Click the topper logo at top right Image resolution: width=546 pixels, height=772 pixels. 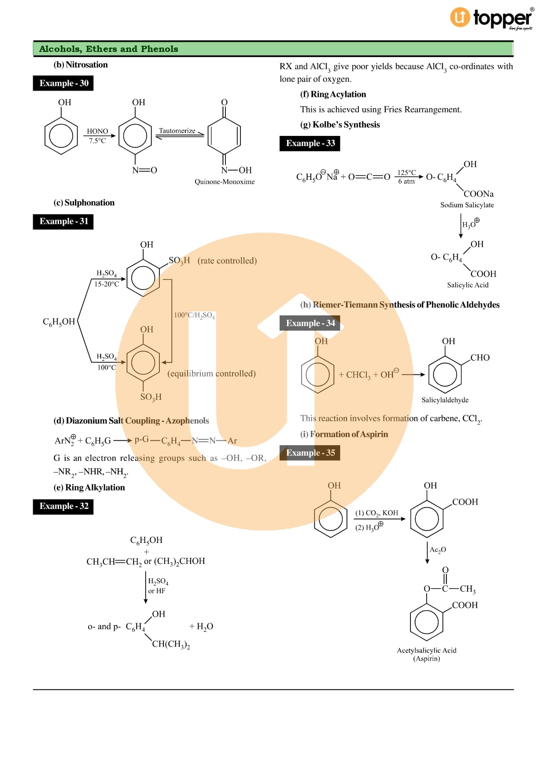(x=491, y=18)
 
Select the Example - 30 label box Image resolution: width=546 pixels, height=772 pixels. (x=63, y=83)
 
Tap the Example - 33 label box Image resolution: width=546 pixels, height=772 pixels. (x=310, y=143)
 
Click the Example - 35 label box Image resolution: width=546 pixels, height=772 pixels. (x=310, y=453)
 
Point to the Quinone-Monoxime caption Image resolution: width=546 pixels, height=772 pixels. (x=225, y=182)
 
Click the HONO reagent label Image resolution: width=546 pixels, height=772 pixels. (x=97, y=131)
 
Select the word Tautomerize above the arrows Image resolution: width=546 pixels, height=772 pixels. (x=177, y=131)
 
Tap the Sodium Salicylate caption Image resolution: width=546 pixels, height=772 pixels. (x=467, y=205)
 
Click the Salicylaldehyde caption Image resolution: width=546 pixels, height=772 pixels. (x=445, y=400)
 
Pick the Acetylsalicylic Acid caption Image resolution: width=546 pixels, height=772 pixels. (x=426, y=650)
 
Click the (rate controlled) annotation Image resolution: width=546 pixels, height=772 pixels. (x=227, y=260)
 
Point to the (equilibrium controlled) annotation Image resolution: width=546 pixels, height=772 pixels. (x=211, y=373)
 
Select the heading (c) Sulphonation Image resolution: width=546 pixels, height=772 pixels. (x=84, y=203)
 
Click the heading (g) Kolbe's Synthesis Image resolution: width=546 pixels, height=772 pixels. (x=339, y=124)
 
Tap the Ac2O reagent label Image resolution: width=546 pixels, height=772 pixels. (x=438, y=549)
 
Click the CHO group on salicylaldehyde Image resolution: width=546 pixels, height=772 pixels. (x=480, y=358)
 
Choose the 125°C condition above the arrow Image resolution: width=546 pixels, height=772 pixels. (x=406, y=172)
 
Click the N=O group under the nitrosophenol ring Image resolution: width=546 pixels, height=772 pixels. (x=144, y=170)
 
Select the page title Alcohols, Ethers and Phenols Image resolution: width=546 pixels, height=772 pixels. (x=108, y=49)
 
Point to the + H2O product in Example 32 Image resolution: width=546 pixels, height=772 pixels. (x=201, y=626)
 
